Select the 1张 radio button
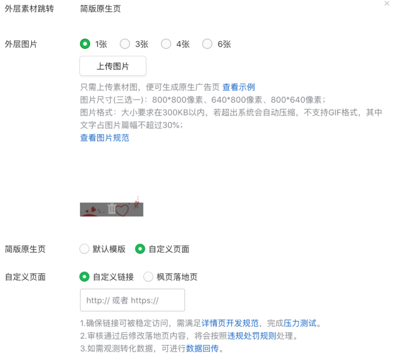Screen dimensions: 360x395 point(84,44)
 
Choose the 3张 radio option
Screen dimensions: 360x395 point(125,44)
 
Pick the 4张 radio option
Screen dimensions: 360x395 point(166,44)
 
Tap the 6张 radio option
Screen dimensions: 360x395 point(207,44)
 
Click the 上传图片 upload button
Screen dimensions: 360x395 point(113,66)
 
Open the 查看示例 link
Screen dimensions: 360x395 point(239,87)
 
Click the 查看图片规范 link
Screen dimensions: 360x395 point(104,138)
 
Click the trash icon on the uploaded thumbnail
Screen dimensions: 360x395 point(112,208)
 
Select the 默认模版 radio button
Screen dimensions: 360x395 point(84,249)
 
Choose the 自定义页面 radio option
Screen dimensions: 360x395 point(140,249)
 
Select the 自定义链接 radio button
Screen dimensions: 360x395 point(84,277)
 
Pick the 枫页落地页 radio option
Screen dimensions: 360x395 point(148,277)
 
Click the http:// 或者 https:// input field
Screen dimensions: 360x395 point(132,300)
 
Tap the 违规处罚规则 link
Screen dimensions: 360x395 point(252,336)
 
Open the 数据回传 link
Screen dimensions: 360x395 point(202,348)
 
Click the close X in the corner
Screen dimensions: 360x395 point(387,4)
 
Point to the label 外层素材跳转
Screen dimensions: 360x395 point(29,9)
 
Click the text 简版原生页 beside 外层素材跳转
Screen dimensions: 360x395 point(100,9)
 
